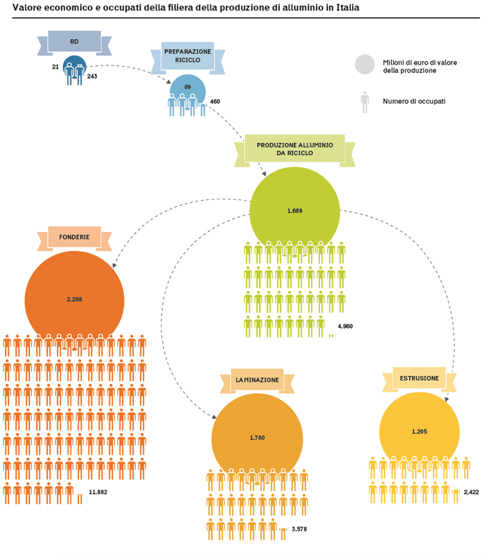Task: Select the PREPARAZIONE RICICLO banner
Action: click(x=188, y=57)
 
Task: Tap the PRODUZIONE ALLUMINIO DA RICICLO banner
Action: click(x=295, y=149)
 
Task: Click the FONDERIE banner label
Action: click(x=74, y=237)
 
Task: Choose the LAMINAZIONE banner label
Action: click(x=257, y=380)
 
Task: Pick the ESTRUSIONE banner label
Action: click(x=419, y=378)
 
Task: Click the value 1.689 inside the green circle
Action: click(x=295, y=211)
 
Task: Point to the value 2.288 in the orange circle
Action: click(x=74, y=299)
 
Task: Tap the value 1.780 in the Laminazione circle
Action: click(x=257, y=438)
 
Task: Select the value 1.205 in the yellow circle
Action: click(x=419, y=432)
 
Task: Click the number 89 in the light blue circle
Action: click(x=187, y=87)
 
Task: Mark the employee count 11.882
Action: click(x=98, y=492)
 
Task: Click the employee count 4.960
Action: click(x=345, y=326)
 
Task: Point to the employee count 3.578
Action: click(x=300, y=529)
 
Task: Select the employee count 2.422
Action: click(x=471, y=492)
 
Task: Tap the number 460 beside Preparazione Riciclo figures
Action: click(x=215, y=102)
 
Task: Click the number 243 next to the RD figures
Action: click(x=92, y=76)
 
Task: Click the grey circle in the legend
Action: click(x=365, y=64)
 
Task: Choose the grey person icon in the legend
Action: click(x=365, y=103)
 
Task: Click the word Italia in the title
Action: click(x=348, y=8)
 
